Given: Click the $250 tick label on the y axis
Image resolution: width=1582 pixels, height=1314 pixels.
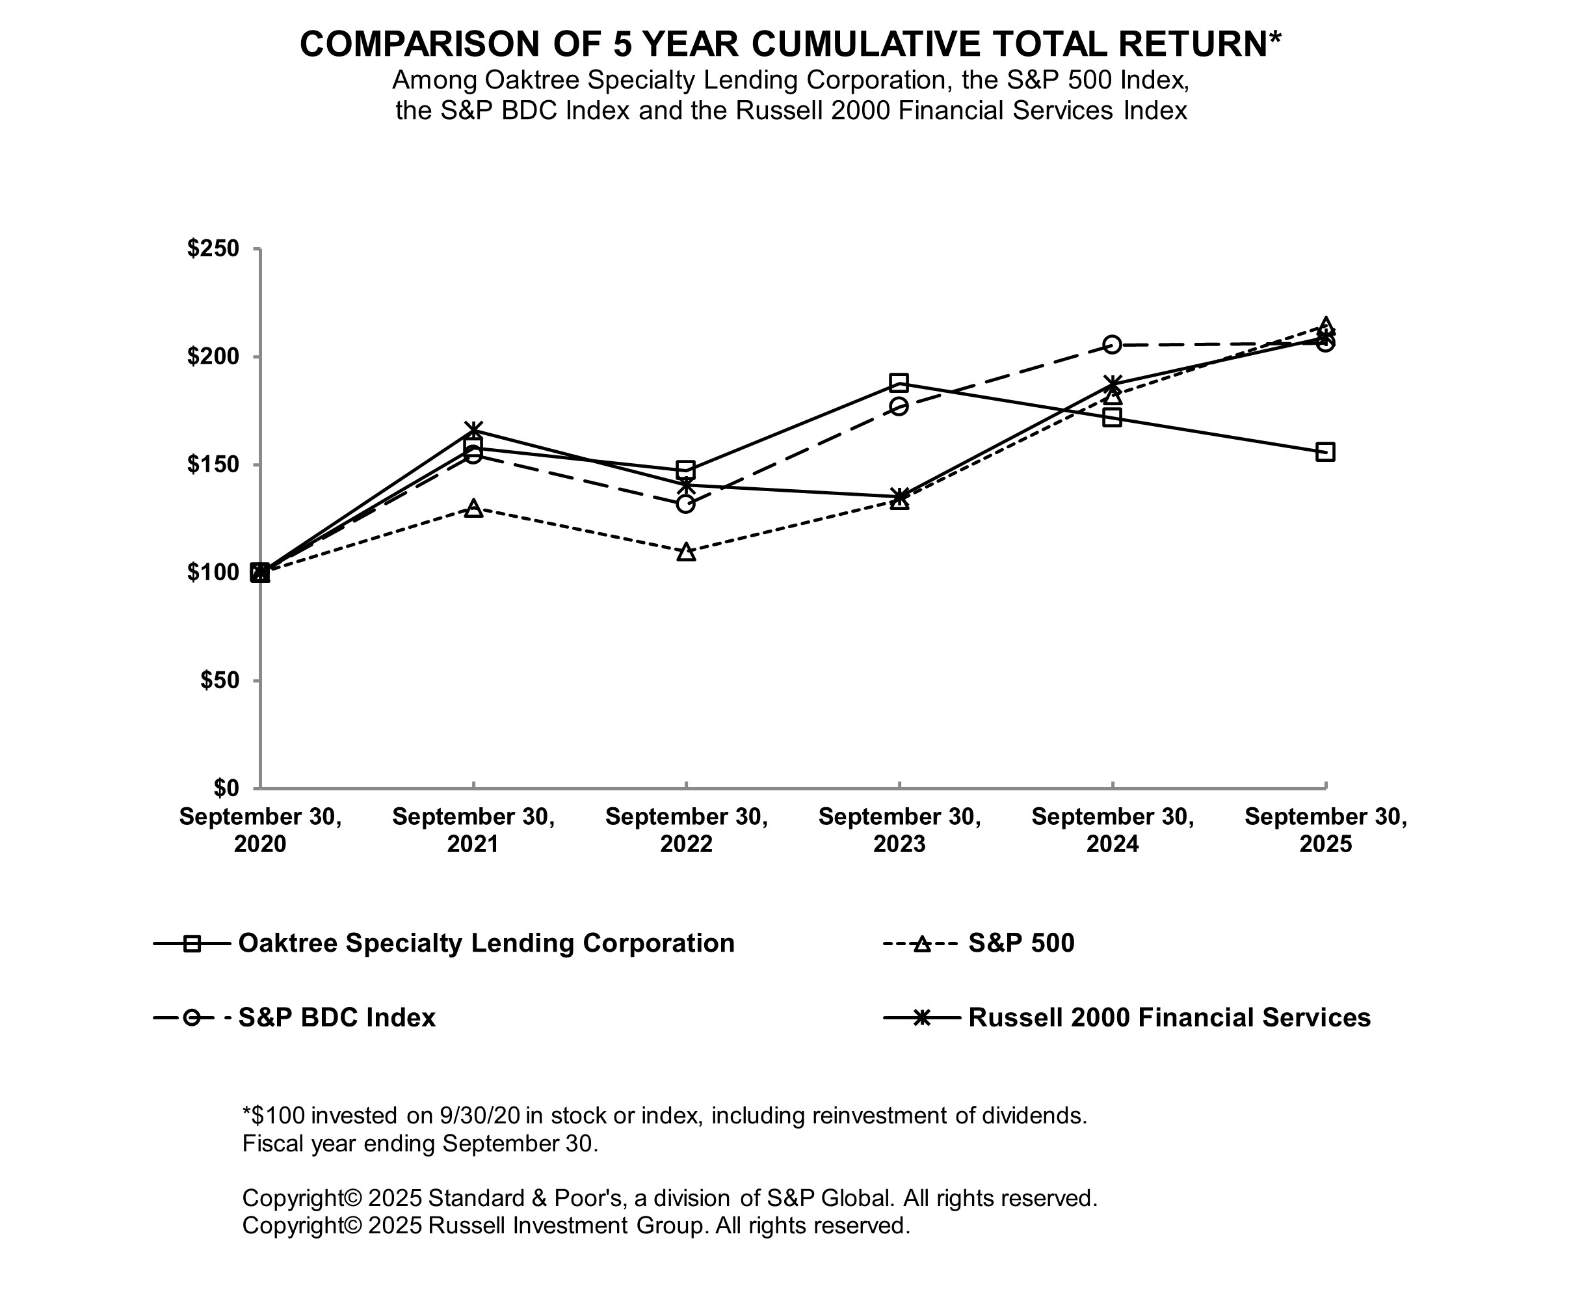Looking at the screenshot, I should coord(213,248).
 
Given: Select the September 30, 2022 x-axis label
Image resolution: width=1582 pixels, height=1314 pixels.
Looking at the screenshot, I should coord(686,829).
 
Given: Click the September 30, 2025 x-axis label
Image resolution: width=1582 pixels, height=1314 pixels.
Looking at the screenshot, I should coord(1325,829).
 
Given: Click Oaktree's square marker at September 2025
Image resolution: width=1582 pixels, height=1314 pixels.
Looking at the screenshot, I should coord(1325,452).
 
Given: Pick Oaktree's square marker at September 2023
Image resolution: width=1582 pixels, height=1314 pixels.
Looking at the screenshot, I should coord(899,382).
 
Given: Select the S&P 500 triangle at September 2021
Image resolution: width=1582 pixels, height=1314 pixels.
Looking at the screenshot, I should coord(473,509).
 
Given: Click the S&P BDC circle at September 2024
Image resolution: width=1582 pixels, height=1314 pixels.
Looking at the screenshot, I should coord(1112,344).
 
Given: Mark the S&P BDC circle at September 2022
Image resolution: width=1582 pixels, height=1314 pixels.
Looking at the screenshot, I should coord(685,503).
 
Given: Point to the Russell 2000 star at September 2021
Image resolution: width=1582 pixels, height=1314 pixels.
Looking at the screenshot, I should coord(473,430).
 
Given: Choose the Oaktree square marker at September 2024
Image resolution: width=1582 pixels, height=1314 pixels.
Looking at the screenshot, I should coord(1112,418).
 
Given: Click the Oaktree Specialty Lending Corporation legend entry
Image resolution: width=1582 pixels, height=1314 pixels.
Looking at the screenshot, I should coord(485,943).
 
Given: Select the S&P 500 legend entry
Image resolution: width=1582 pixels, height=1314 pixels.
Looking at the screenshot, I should coord(1020,943).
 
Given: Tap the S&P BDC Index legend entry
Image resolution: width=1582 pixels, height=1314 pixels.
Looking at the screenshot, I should coord(336,1017).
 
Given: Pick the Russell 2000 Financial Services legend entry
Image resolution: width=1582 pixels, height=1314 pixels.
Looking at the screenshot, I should coord(1168,1017).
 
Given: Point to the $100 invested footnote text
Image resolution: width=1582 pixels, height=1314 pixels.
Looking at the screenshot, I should coord(664,1115).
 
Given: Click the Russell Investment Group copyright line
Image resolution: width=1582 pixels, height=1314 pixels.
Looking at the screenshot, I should coord(575,1226).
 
